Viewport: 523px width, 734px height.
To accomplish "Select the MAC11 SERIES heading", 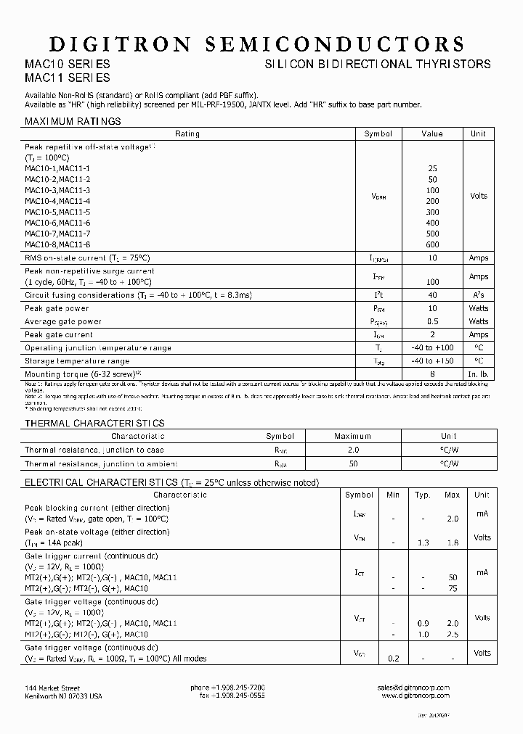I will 68,78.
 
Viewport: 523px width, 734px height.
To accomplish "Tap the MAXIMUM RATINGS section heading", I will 73,121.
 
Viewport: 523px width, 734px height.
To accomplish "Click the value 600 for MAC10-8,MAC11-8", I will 432,244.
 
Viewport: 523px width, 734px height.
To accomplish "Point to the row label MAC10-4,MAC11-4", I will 57,201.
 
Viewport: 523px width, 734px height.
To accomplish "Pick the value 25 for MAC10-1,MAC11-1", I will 432,168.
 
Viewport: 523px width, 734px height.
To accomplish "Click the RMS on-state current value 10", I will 432,258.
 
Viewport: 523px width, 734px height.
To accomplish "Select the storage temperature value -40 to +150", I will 432,361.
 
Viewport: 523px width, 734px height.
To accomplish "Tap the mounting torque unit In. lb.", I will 478,374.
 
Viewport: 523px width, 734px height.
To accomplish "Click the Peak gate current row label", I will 59,335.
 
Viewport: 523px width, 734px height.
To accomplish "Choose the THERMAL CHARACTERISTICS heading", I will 94,423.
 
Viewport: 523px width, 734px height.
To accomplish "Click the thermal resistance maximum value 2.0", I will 352,450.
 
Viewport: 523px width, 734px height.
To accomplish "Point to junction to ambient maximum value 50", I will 352,463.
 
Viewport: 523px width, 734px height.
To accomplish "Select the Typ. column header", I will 423,495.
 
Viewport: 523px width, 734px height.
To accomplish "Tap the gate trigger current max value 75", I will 453,590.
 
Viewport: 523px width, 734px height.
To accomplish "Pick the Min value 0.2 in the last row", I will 393,658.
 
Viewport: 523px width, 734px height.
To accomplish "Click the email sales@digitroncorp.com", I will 413,688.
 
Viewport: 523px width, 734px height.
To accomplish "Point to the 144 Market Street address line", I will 52,688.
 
